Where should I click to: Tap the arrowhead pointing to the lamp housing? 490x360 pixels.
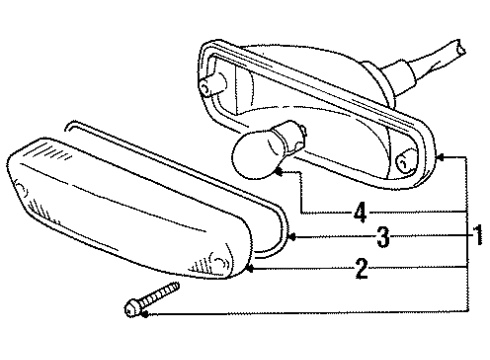click(441, 156)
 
